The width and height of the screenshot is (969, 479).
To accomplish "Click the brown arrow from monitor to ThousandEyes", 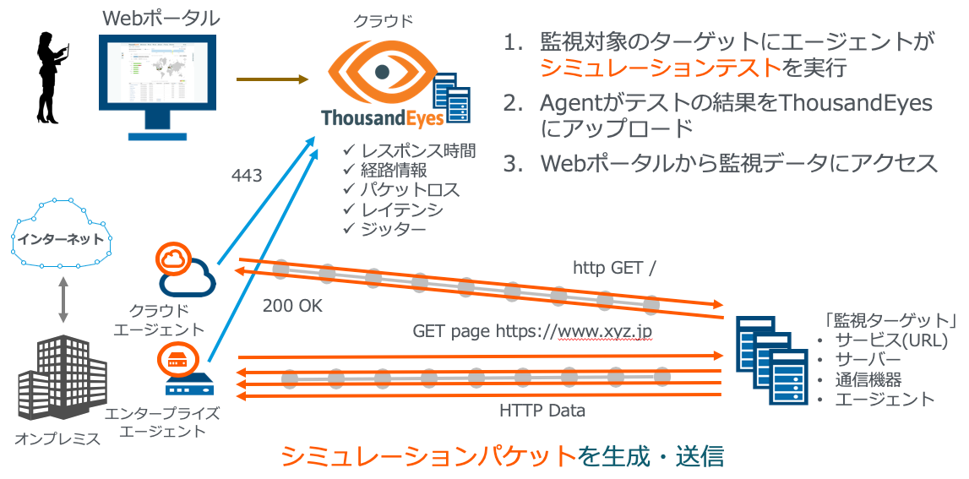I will coord(271,80).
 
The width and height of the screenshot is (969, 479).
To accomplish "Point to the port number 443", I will coord(246,177).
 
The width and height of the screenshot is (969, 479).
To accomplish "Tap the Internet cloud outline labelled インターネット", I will coord(61,239).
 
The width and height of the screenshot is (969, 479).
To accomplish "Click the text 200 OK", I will coord(293,305).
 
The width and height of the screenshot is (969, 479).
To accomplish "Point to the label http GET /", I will coord(614,268).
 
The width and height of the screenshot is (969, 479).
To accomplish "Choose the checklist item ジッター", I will coord(384,228).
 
